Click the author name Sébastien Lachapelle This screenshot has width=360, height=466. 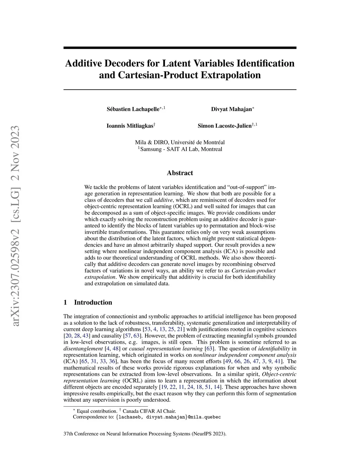(133, 109)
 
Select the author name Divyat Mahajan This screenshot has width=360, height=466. (231, 109)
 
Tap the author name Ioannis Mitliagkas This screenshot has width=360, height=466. (130, 126)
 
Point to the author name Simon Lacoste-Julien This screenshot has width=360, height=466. (225, 126)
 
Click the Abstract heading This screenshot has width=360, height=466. (180, 173)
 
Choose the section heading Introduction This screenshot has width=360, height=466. (93, 302)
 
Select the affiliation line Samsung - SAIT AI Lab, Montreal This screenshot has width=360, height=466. (181, 149)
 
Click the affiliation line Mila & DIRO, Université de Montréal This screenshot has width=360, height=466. (180, 142)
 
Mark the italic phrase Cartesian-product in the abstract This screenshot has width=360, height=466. (253, 271)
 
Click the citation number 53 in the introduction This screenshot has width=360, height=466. (148, 329)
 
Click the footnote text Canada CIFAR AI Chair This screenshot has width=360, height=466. (149, 411)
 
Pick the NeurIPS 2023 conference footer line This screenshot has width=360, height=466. (145, 434)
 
